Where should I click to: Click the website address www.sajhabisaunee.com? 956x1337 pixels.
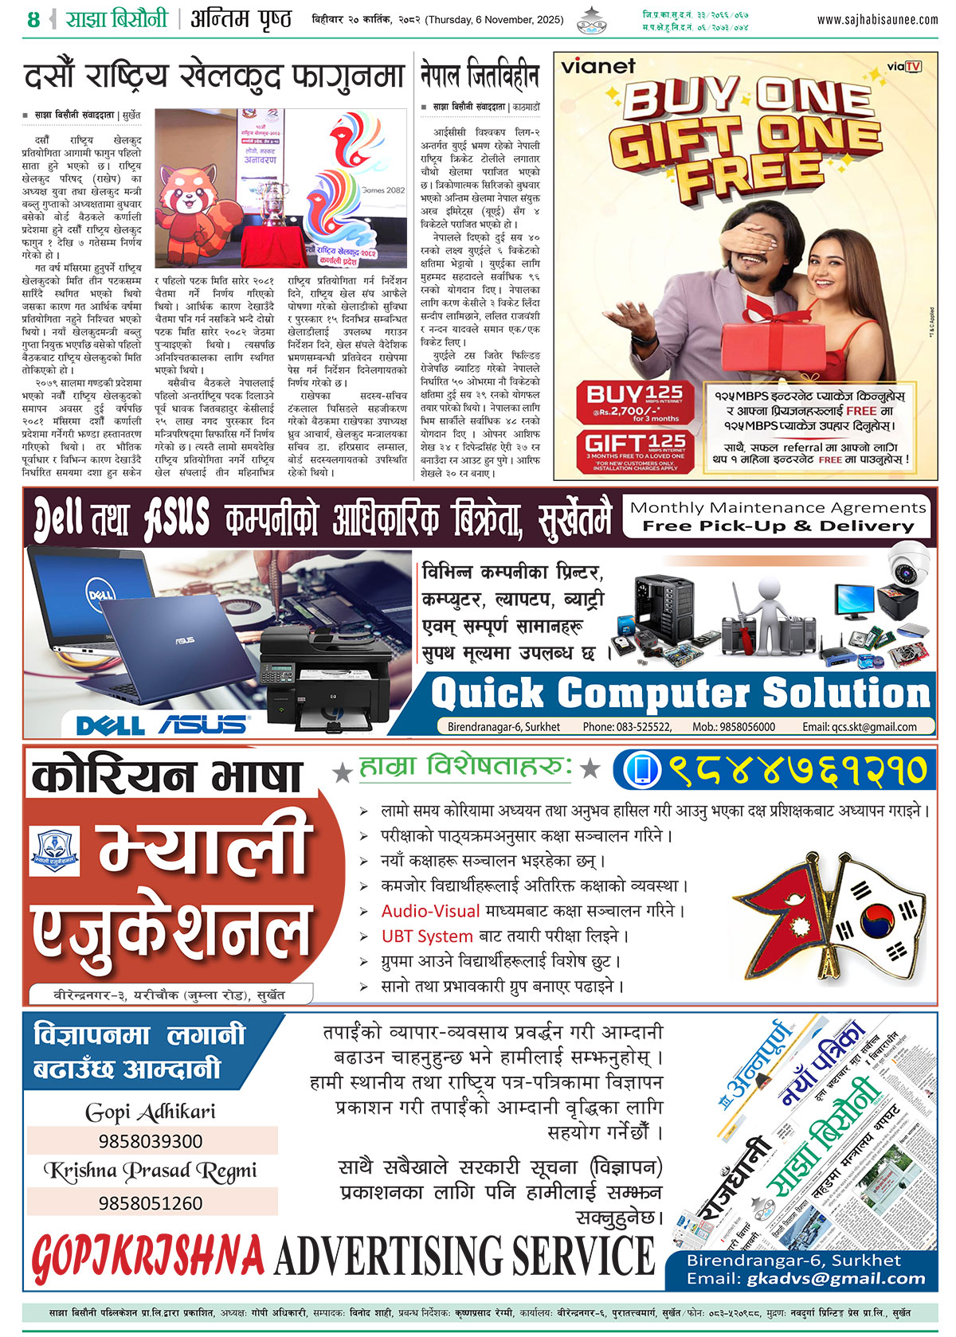[x=876, y=20]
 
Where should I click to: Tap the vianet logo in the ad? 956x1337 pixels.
[x=598, y=66]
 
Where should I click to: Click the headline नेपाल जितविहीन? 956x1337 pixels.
[x=480, y=76]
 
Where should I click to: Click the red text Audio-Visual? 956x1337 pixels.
[x=430, y=911]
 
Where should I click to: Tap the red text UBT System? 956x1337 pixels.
[x=427, y=936]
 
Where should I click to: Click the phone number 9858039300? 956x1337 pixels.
[x=151, y=1141]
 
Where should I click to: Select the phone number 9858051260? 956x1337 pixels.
[x=151, y=1202]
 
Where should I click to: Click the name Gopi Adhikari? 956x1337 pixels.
[x=151, y=1112]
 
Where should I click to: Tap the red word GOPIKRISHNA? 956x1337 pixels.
[x=148, y=1257]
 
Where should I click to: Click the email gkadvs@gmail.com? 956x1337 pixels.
[x=836, y=1279]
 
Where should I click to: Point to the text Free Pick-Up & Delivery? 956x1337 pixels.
[x=778, y=526]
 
